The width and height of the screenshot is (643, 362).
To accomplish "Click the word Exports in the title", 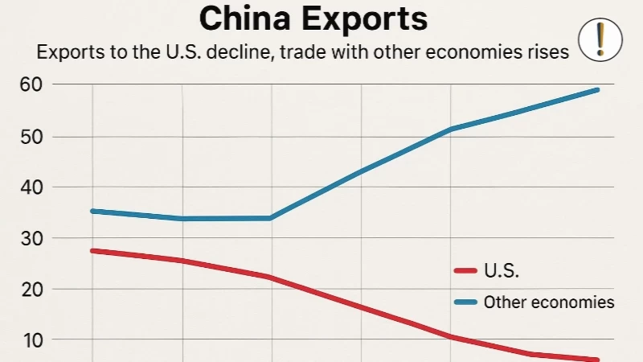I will (369, 19).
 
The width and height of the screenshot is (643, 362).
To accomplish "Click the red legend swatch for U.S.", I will (466, 272).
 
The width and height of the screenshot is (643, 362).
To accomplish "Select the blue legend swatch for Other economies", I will (466, 303).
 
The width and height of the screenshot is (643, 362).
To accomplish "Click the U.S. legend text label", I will (502, 272).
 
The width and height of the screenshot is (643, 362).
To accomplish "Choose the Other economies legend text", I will (549, 303).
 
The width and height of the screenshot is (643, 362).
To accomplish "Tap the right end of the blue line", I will (598, 89).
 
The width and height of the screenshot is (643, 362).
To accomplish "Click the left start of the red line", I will (92, 251).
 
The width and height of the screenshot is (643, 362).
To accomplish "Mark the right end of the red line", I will (598, 360).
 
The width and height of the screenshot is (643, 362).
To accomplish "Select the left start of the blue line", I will (92, 211).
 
